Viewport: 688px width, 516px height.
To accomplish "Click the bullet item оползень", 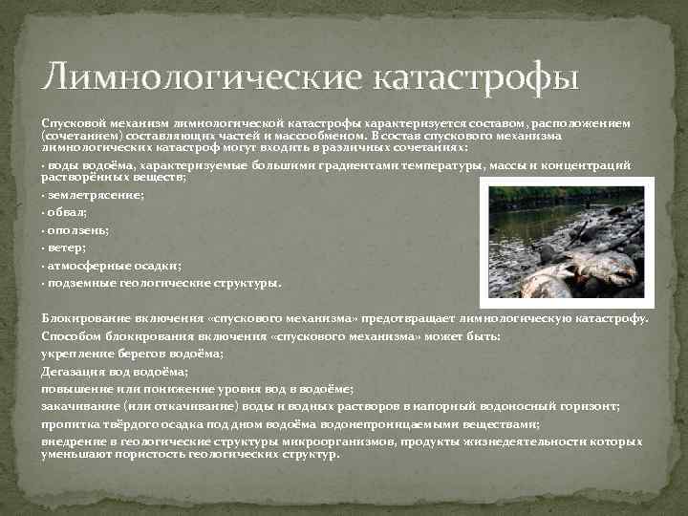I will [x=77, y=229].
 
